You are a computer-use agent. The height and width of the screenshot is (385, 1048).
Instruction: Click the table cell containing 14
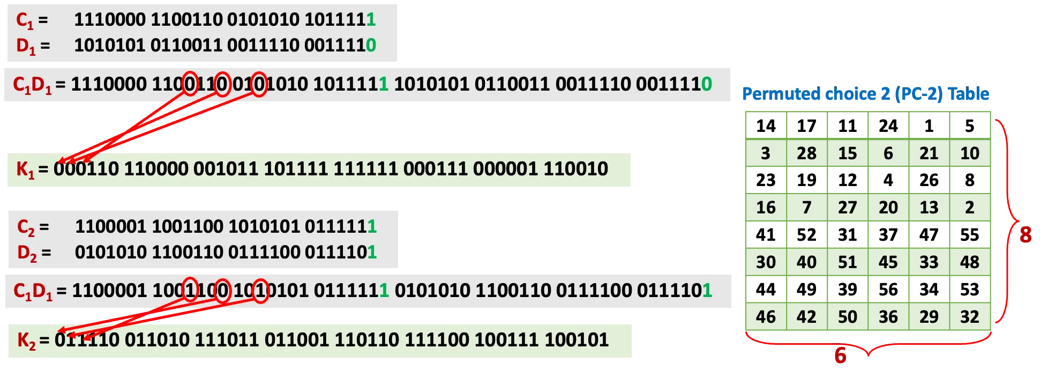tap(766, 126)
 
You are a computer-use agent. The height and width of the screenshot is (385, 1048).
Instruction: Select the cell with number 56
tap(888, 290)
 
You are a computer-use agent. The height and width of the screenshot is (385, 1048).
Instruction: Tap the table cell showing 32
tap(970, 317)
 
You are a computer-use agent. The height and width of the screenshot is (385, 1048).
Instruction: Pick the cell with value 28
tap(807, 153)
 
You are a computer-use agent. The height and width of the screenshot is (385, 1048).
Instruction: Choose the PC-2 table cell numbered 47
tap(929, 235)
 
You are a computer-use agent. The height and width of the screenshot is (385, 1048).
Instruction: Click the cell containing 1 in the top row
tap(929, 126)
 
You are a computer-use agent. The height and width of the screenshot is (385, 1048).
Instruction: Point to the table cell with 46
tap(766, 317)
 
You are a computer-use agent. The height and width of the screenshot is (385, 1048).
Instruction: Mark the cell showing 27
tap(848, 208)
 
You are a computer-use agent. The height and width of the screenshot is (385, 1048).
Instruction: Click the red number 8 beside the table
tap(1025, 235)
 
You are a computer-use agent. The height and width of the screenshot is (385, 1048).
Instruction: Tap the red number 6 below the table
tap(841, 356)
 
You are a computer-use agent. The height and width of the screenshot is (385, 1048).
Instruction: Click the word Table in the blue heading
tap(968, 94)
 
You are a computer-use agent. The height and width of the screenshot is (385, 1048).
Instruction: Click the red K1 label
tap(25, 169)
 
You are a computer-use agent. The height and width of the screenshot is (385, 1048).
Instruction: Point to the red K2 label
tap(26, 340)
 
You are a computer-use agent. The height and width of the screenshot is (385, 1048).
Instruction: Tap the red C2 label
tap(26, 227)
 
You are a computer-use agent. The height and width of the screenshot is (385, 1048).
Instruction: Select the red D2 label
tap(27, 253)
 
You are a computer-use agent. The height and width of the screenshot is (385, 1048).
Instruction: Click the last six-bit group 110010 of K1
tap(576, 169)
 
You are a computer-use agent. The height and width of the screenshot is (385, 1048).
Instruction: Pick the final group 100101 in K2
tap(577, 340)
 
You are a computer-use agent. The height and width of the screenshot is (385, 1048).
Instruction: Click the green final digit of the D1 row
tap(371, 45)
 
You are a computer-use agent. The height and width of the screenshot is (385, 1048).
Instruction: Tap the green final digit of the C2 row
tap(372, 226)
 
